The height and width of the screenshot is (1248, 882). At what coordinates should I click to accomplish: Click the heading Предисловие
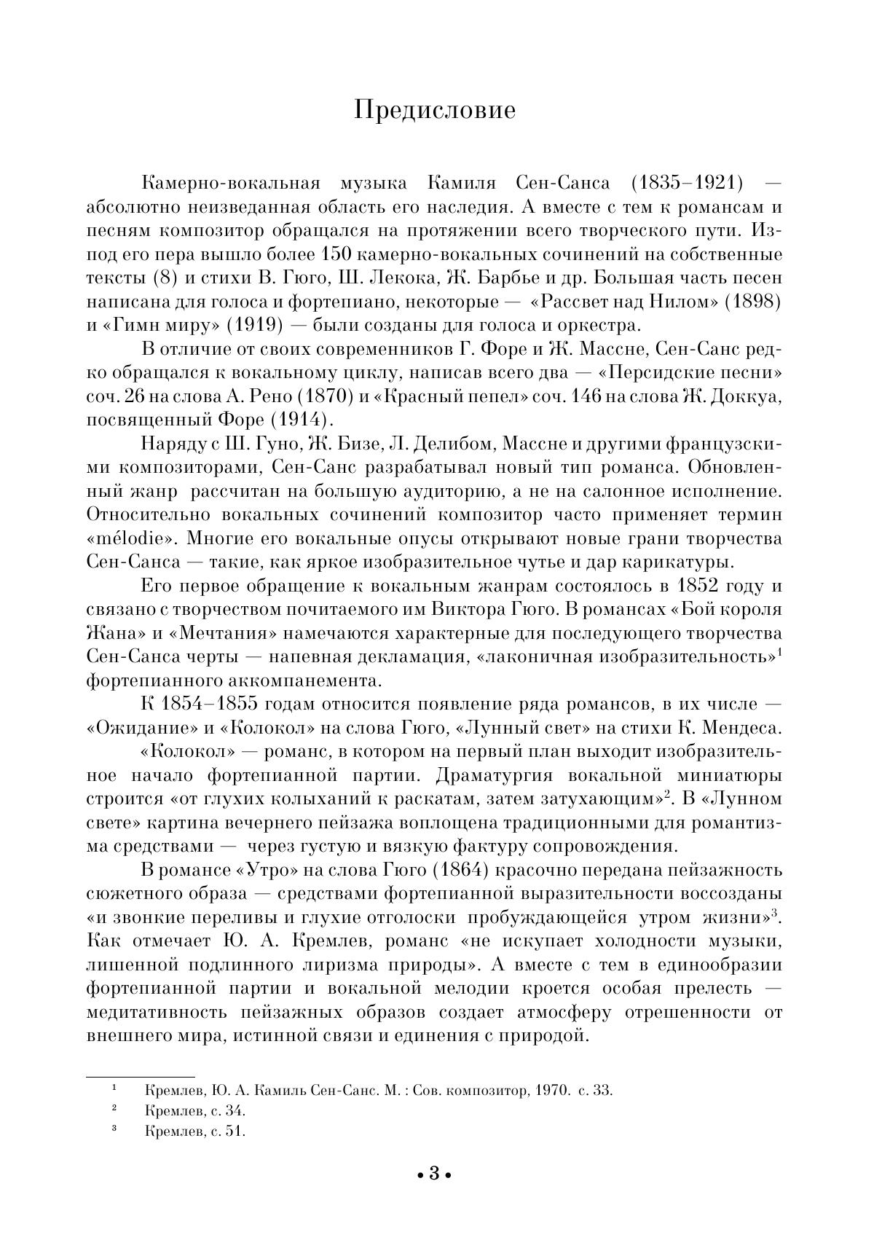tap(435, 109)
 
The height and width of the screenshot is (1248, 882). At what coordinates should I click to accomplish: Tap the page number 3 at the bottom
tap(434, 1173)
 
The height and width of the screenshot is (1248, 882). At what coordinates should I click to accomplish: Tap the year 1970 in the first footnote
tap(551, 1091)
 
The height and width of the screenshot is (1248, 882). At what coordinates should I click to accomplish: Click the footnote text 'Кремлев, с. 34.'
tap(195, 1111)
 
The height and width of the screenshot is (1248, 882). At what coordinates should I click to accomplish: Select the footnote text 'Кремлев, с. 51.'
tap(195, 1131)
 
